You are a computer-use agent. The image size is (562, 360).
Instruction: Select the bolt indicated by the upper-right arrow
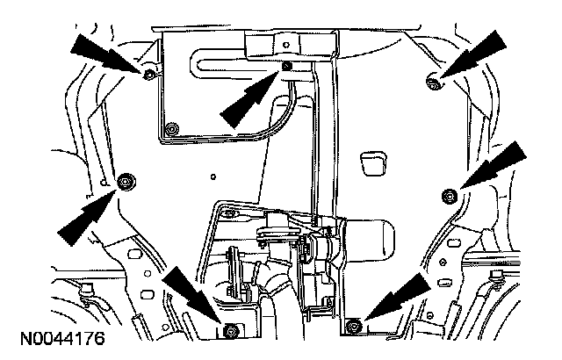(x=432, y=82)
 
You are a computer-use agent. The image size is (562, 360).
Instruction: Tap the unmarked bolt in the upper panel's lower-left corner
(x=171, y=130)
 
